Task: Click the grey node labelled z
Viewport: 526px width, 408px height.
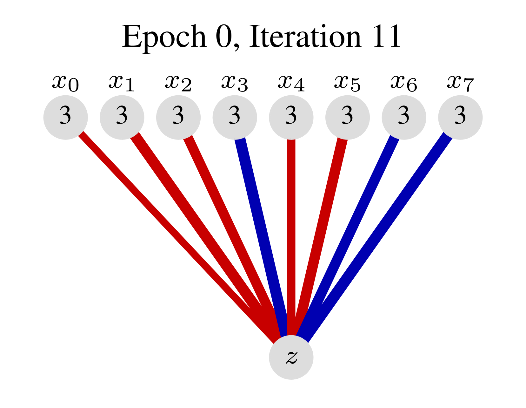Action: tap(291, 357)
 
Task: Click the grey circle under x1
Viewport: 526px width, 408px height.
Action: tap(122, 117)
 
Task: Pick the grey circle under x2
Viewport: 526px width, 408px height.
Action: tap(178, 117)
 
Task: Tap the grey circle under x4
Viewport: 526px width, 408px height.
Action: tap(291, 117)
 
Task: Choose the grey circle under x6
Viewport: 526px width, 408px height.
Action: tap(404, 117)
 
